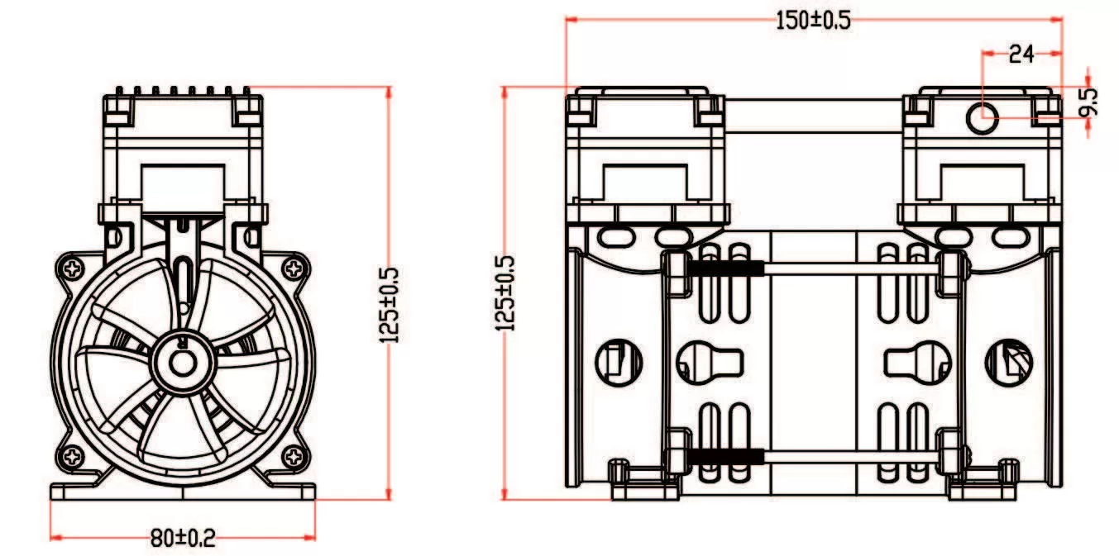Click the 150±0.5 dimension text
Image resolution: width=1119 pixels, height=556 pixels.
[812, 21]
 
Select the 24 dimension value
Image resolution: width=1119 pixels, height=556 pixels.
[1021, 55]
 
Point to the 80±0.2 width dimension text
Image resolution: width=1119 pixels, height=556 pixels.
[183, 539]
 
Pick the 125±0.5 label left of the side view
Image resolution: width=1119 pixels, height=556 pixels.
[505, 293]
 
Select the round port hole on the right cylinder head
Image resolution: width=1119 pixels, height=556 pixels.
[983, 116]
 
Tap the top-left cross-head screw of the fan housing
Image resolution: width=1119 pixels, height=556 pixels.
[73, 268]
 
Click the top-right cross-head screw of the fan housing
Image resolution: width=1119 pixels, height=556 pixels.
[293, 268]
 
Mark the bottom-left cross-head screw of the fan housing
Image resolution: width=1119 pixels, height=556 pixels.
[73, 455]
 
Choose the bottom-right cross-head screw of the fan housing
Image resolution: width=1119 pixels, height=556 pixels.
[293, 455]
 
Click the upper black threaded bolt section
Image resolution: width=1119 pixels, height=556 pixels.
[724, 268]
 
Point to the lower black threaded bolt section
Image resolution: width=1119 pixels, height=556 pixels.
[724, 455]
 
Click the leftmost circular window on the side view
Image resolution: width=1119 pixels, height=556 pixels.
[619, 362]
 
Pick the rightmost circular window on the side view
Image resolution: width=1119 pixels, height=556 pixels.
[1008, 362]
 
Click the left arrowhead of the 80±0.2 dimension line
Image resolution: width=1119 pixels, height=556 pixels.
[55, 538]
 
